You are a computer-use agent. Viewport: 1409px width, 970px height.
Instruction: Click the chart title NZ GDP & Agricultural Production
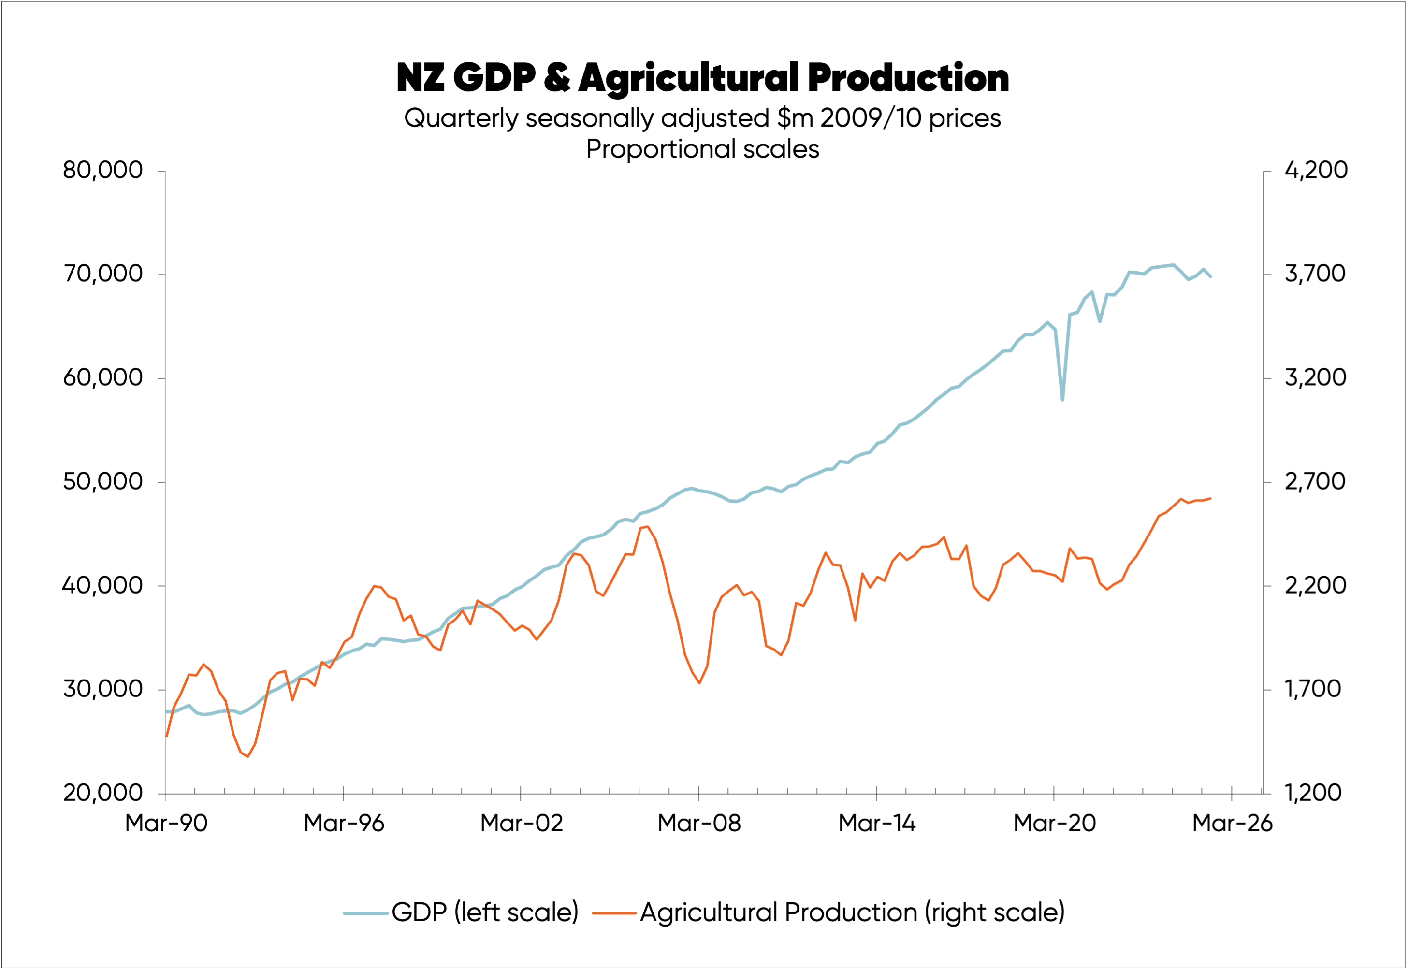tap(703, 78)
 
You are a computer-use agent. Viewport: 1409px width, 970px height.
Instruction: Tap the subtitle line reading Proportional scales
tap(703, 149)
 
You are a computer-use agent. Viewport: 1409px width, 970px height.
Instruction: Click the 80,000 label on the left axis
tap(103, 170)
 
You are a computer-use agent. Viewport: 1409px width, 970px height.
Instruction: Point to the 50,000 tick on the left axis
tap(103, 482)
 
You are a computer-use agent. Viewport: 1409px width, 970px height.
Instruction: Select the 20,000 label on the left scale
tap(103, 793)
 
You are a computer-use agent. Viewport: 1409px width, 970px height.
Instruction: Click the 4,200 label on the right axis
tap(1315, 170)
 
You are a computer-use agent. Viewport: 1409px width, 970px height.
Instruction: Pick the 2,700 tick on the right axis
tap(1314, 482)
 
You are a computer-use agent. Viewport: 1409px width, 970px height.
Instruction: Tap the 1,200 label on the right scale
tap(1312, 793)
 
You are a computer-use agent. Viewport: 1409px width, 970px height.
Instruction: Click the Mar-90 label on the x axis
tap(166, 824)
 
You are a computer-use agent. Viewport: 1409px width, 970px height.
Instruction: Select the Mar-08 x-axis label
tap(699, 824)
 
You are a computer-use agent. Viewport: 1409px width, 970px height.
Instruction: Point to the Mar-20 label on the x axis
tap(1055, 824)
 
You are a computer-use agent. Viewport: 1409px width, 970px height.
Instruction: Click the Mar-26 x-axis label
tap(1232, 824)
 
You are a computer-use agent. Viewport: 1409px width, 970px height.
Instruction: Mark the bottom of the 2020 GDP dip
tap(1062, 400)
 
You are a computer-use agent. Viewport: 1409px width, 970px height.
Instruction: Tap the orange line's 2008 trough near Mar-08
tap(699, 683)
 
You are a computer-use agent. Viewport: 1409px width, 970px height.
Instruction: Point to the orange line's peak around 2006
tap(647, 526)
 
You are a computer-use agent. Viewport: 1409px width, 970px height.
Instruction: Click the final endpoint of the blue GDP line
tap(1211, 276)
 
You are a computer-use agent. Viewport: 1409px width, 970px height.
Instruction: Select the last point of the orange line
tap(1211, 498)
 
